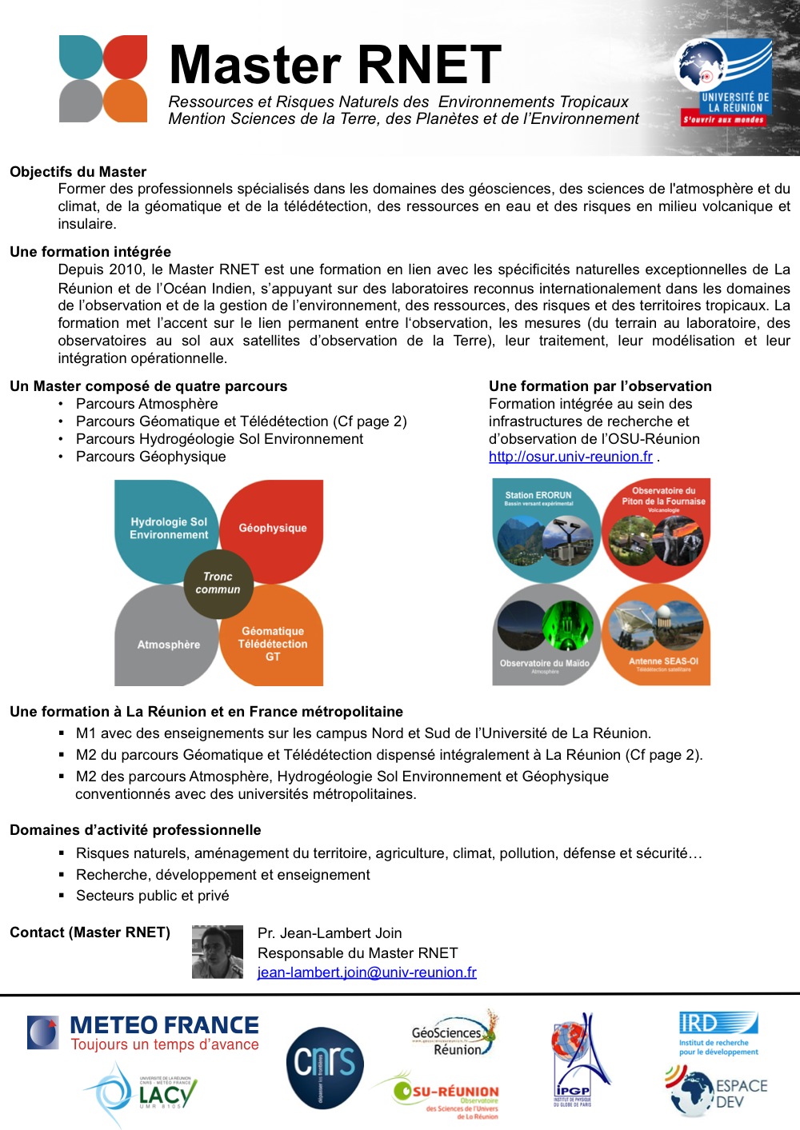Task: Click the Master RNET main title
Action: (335, 65)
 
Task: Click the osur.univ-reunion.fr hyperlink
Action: (570, 457)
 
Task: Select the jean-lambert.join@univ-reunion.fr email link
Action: (366, 972)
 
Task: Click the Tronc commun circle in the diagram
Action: (218, 583)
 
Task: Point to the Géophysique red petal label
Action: (273, 528)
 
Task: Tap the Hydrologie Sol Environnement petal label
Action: (169, 528)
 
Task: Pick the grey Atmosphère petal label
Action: (169, 645)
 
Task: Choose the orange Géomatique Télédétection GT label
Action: (273, 644)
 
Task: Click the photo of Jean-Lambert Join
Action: (218, 952)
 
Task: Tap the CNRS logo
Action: (325, 1068)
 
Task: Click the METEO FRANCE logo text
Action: (164, 1025)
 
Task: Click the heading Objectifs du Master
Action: (78, 172)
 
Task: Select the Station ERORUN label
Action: (538, 496)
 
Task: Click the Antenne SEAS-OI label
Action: (663, 661)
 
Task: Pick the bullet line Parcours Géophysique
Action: (150, 457)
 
